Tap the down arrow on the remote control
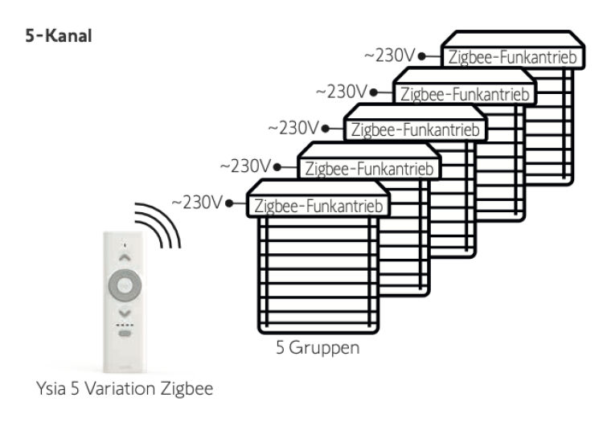123,312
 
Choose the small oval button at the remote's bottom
123,333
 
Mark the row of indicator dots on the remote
123,324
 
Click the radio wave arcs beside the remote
158,221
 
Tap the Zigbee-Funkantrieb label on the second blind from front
368,169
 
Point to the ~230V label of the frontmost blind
197,201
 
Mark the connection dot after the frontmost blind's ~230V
230,203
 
